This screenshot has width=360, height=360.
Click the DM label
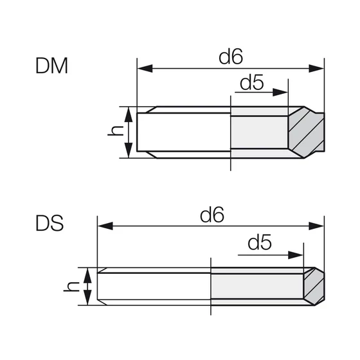coord(52,66)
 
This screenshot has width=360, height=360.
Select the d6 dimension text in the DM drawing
coord(230,57)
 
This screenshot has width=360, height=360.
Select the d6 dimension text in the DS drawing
coord(212,215)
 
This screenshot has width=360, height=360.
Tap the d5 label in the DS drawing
coord(260,243)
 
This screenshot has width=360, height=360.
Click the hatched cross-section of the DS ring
coord(313,285)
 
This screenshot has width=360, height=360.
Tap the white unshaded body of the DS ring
coord(154,287)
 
